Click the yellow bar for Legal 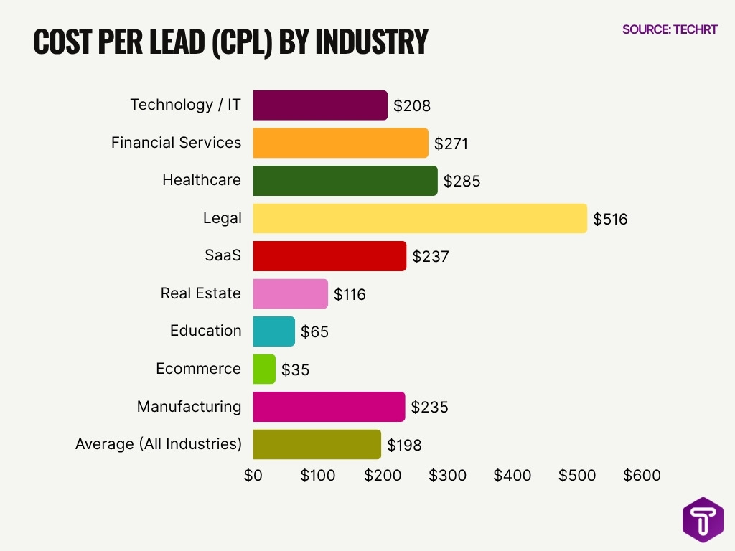click(x=420, y=218)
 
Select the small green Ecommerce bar click(x=264, y=369)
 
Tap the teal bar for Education click(x=273, y=331)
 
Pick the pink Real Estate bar click(x=290, y=293)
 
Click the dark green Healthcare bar click(x=345, y=181)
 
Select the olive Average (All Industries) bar click(x=317, y=444)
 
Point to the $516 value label click(x=610, y=219)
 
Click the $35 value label click(x=296, y=369)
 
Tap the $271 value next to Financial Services click(x=451, y=143)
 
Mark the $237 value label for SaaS click(x=431, y=256)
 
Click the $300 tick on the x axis click(x=447, y=476)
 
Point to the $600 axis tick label click(x=642, y=476)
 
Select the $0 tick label click(x=253, y=476)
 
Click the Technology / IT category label click(x=185, y=105)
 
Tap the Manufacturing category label click(x=189, y=407)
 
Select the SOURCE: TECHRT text click(x=670, y=29)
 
